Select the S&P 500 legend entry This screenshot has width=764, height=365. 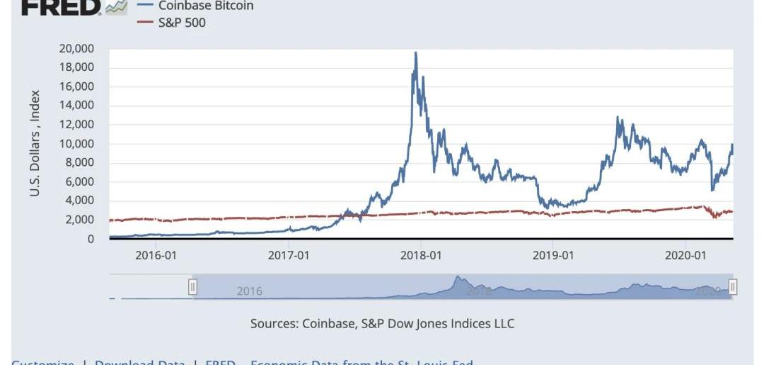pos(182,23)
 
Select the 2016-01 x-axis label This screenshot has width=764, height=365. pos(156,255)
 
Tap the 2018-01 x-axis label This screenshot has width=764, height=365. pos(422,255)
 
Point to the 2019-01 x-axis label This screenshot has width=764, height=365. pos(553,255)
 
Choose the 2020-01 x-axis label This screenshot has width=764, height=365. pos(685,255)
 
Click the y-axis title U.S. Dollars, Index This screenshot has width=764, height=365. pos(35,143)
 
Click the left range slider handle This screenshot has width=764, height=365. pos(192,286)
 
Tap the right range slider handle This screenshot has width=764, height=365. pos(733,286)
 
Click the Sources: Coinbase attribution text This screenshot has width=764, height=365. pos(382,324)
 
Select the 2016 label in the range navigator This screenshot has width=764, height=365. pos(249,291)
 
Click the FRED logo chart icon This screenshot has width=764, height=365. pos(116,6)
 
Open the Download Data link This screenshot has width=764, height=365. pos(140,361)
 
